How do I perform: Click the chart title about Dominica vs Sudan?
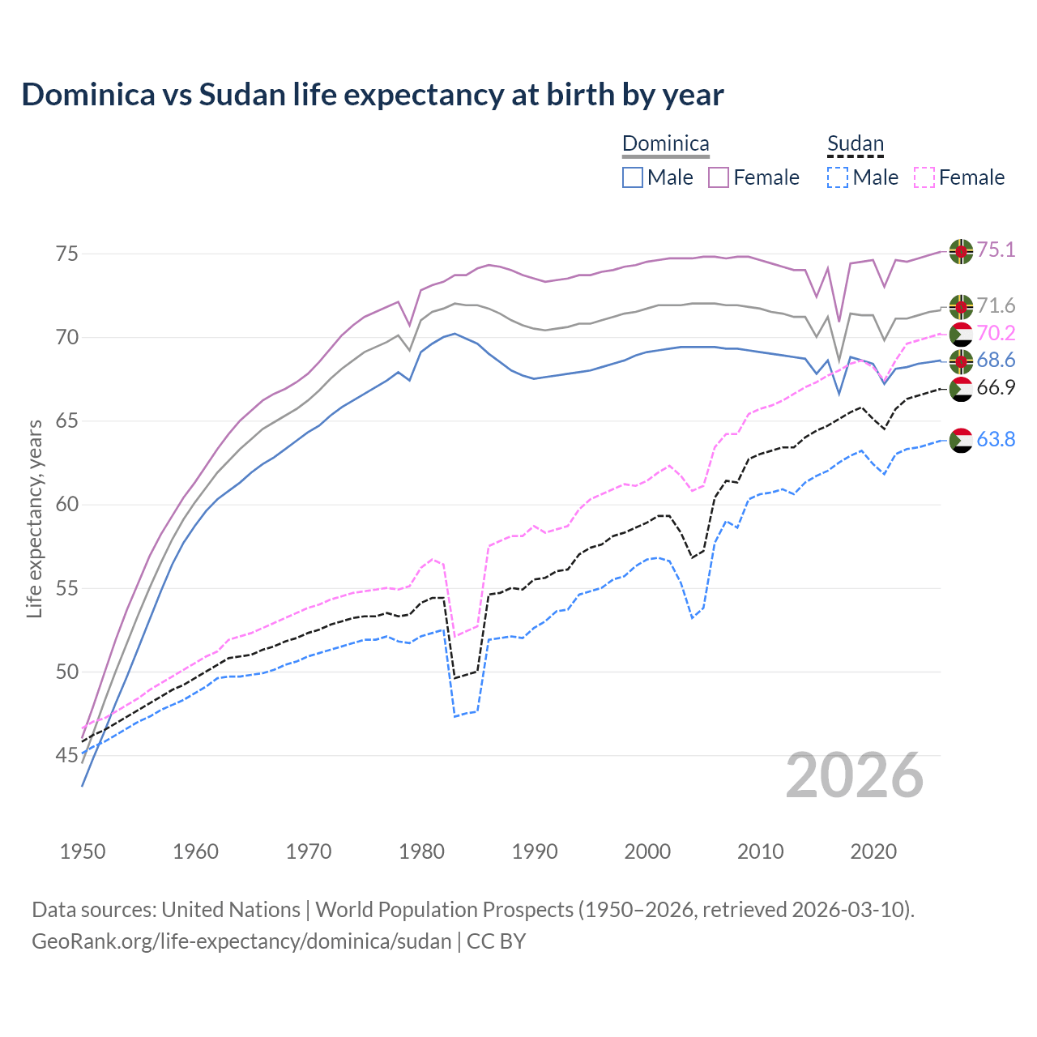point(372,95)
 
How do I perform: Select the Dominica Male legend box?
point(633,177)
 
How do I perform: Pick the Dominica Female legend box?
point(719,177)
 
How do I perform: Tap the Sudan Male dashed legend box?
point(838,177)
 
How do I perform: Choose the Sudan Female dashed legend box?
point(924,177)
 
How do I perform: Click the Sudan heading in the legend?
point(855,144)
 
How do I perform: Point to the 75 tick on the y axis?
point(66,254)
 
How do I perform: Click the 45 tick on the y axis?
point(66,756)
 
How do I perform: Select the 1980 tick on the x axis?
point(421,851)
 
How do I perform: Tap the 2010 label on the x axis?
point(760,851)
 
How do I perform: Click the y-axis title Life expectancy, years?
point(34,518)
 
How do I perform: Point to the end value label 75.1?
point(996,250)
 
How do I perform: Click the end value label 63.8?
point(996,440)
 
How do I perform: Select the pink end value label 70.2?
point(996,334)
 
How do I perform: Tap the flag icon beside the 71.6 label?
point(961,306)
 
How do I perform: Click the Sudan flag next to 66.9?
point(961,389)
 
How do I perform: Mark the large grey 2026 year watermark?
point(854,776)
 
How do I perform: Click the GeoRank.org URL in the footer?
point(241,941)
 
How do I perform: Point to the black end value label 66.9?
point(996,388)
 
